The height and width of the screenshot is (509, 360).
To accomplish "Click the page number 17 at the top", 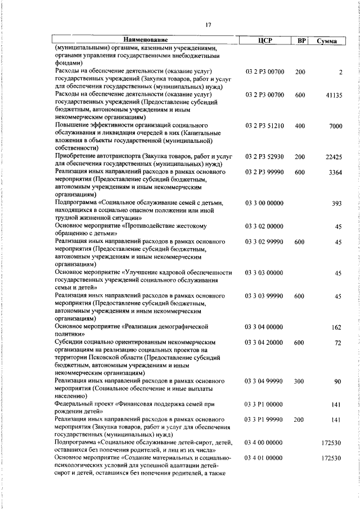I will tap(208, 24).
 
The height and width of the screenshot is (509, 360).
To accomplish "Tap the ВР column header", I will tap(301, 40).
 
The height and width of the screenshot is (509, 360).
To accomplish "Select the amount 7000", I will tap(335, 127).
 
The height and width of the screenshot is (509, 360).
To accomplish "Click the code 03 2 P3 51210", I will tap(265, 127).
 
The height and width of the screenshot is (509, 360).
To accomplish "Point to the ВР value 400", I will tap(300, 127).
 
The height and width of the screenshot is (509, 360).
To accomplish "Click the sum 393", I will tap(337, 203).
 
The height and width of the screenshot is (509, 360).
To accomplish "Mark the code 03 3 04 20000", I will tap(264, 342).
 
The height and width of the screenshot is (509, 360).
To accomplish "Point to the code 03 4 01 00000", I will tap(264, 458).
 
